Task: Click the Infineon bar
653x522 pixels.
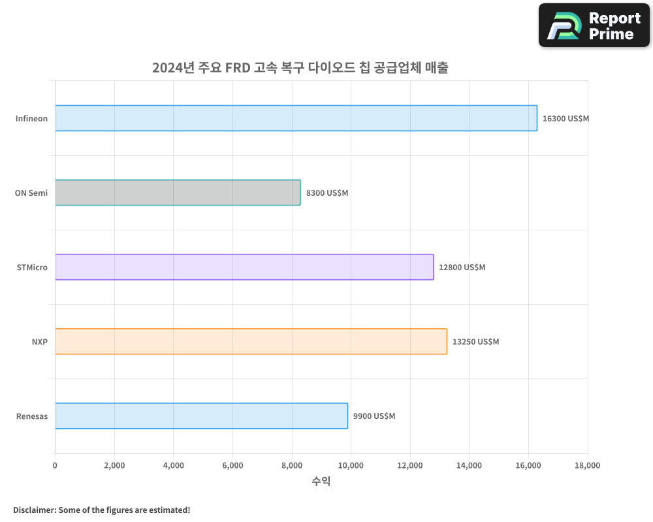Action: click(296, 118)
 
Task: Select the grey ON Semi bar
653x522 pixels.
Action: click(178, 192)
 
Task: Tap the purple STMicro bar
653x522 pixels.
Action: click(244, 267)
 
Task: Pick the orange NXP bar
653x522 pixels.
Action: click(251, 341)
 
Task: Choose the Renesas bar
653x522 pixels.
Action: click(201, 416)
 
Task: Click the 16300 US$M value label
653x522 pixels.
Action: click(565, 119)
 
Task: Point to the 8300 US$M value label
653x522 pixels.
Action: click(327, 193)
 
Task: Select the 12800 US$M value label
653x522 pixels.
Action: click(462, 268)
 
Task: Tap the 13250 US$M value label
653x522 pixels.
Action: click(475, 342)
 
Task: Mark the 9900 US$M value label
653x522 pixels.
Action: click(374, 416)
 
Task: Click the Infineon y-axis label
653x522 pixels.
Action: click(31, 119)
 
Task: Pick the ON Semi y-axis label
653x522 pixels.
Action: click(31, 193)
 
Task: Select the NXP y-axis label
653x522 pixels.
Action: click(39, 342)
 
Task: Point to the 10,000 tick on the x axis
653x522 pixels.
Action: click(351, 465)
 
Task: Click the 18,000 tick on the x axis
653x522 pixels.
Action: click(587, 465)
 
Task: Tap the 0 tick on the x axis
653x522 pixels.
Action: click(55, 465)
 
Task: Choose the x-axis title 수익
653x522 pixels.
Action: click(321, 482)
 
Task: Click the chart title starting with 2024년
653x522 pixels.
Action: click(300, 68)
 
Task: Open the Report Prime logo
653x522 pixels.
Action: click(594, 25)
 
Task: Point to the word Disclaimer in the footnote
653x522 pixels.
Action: click(33, 510)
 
